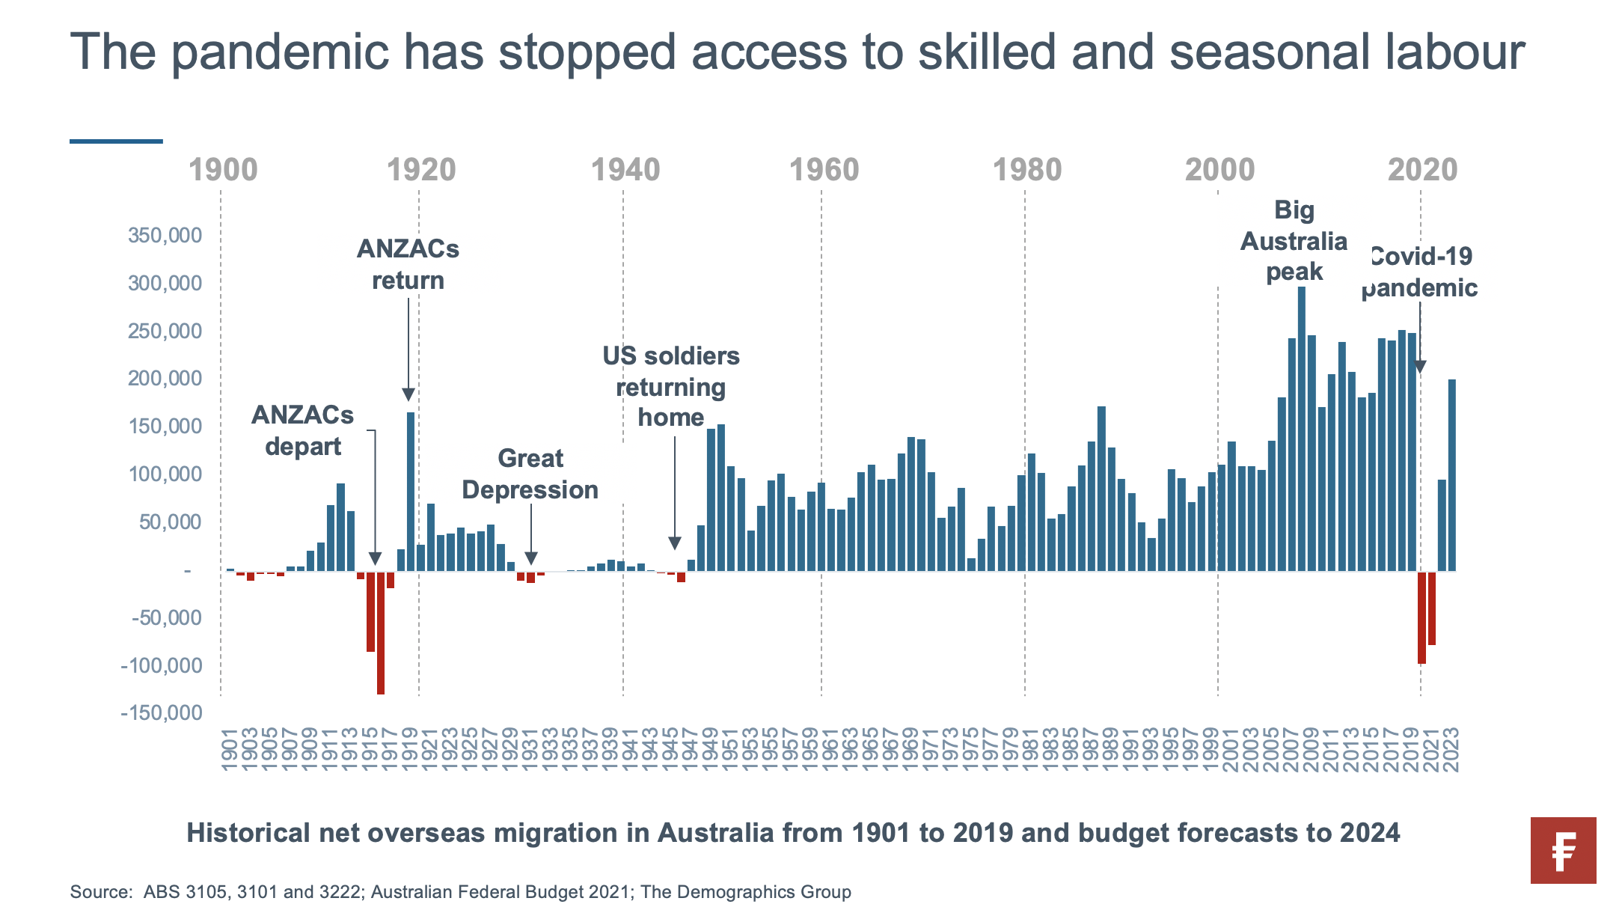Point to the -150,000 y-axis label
tap(162, 712)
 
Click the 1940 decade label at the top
tap(625, 170)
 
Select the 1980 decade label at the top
tap(1026, 170)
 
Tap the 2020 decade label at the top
tap(1422, 170)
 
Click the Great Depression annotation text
tap(530, 474)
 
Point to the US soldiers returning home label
tap(671, 387)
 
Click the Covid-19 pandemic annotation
tap(1419, 272)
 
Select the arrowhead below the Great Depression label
tap(531, 558)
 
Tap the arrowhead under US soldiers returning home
tap(675, 543)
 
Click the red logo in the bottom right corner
tap(1563, 850)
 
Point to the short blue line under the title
tap(116, 141)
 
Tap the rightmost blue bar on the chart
tap(1452, 475)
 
